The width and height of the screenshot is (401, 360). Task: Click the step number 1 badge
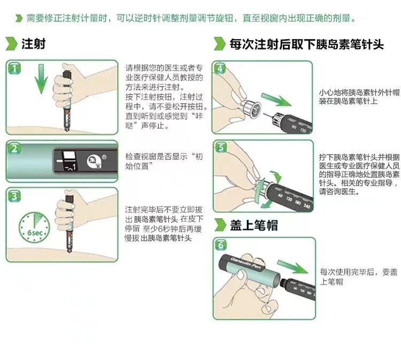pyautogui.click(x=14, y=68)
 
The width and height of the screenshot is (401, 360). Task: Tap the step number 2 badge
pyautogui.click(x=14, y=148)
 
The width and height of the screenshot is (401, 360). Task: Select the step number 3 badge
pyautogui.click(x=14, y=196)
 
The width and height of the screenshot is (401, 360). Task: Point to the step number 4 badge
pyautogui.click(x=220, y=68)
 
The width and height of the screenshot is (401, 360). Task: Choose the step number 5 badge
pyautogui.click(x=221, y=148)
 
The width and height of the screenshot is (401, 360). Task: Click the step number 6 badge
pyautogui.click(x=221, y=245)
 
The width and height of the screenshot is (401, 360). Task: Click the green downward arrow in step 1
pyautogui.click(x=41, y=79)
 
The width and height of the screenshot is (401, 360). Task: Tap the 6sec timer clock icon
pyautogui.click(x=34, y=227)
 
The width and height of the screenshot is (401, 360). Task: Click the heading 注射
pyautogui.click(x=33, y=43)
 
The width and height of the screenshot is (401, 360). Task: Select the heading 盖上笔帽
pyautogui.click(x=253, y=225)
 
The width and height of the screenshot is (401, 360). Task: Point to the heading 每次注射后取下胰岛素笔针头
pyautogui.click(x=306, y=44)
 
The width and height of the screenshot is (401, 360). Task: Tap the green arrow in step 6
pyautogui.click(x=293, y=267)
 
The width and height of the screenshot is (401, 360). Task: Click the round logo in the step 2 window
pyautogui.click(x=94, y=162)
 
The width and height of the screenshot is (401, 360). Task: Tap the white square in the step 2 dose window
pyautogui.click(x=70, y=156)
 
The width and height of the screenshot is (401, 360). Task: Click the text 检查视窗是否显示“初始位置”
pyautogui.click(x=164, y=161)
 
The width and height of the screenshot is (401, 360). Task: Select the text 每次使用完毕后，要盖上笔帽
pyautogui.click(x=359, y=277)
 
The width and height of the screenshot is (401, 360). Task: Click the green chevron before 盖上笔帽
pyautogui.click(x=220, y=225)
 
